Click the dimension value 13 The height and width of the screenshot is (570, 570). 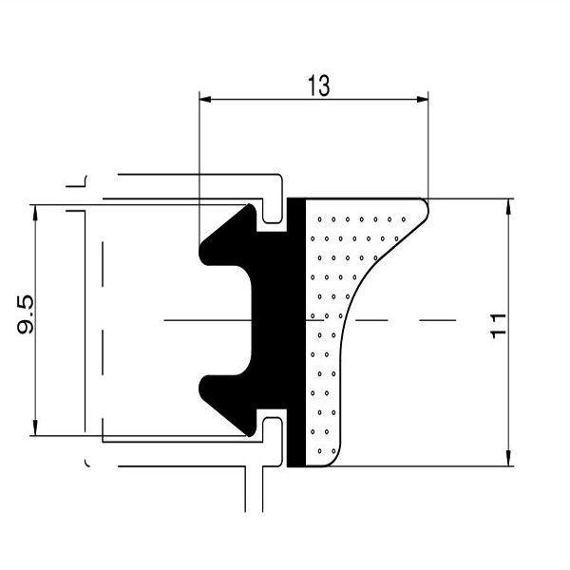(318, 85)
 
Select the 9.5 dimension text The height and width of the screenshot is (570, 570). (27, 314)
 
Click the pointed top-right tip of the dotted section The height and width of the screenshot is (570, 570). (425, 200)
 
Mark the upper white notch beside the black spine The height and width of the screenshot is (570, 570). (275, 217)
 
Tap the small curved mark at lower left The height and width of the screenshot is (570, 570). (88, 463)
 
